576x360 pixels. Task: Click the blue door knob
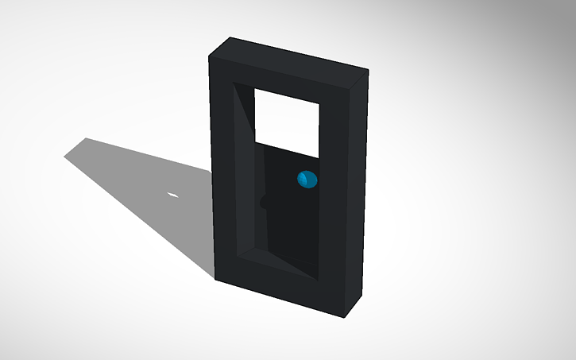pyautogui.click(x=306, y=180)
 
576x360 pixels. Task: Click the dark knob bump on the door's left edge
pyautogui.click(x=264, y=203)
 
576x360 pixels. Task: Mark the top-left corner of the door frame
pyautogui.click(x=209, y=56)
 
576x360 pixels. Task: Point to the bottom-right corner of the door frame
pyautogui.click(x=345, y=317)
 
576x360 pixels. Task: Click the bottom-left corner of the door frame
pyautogui.click(x=215, y=278)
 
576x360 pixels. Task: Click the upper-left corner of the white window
pyautogui.click(x=254, y=88)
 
